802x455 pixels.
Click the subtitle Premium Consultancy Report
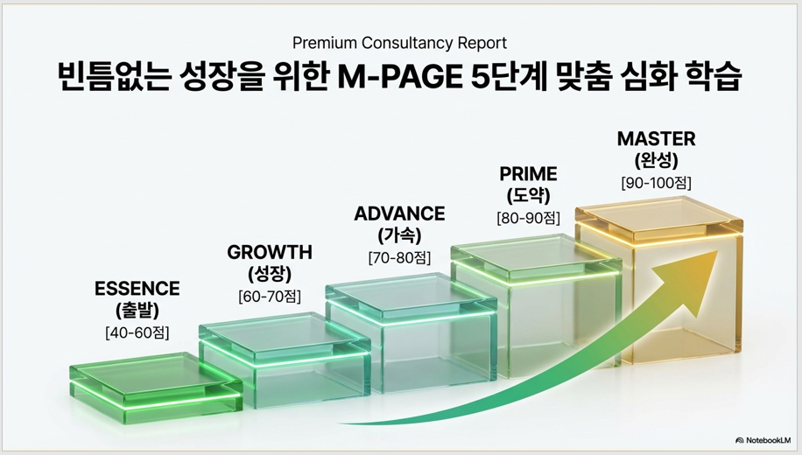(399, 43)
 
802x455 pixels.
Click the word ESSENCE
(137, 289)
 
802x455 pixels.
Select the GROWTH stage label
(270, 252)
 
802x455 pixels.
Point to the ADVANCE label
(399, 213)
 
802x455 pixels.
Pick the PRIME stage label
(528, 174)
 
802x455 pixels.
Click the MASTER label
(657, 138)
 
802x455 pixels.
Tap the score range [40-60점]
(137, 332)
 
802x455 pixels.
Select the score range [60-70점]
(270, 296)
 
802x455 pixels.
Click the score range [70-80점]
(399, 257)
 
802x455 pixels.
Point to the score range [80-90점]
(528, 218)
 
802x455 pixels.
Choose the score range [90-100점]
(657, 183)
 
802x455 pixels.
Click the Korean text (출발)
(137, 311)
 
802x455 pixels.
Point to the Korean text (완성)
(657, 160)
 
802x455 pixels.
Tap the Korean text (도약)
(528, 196)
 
